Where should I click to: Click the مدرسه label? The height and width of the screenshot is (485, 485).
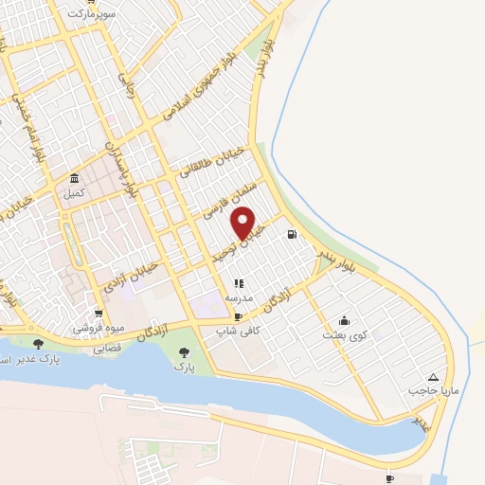pyautogui.click(x=237, y=297)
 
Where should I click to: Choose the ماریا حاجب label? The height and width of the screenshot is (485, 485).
pyautogui.click(x=432, y=390)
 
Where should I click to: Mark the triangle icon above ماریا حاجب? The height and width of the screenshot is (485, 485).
pyautogui.click(x=434, y=376)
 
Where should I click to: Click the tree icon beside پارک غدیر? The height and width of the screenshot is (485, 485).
pyautogui.click(x=38, y=345)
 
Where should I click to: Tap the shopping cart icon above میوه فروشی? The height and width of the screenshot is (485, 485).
pyautogui.click(x=98, y=314)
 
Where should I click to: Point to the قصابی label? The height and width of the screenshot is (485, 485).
pyautogui.click(x=107, y=348)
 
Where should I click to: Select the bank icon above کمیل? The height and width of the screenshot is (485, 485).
pyautogui.click(x=74, y=178)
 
